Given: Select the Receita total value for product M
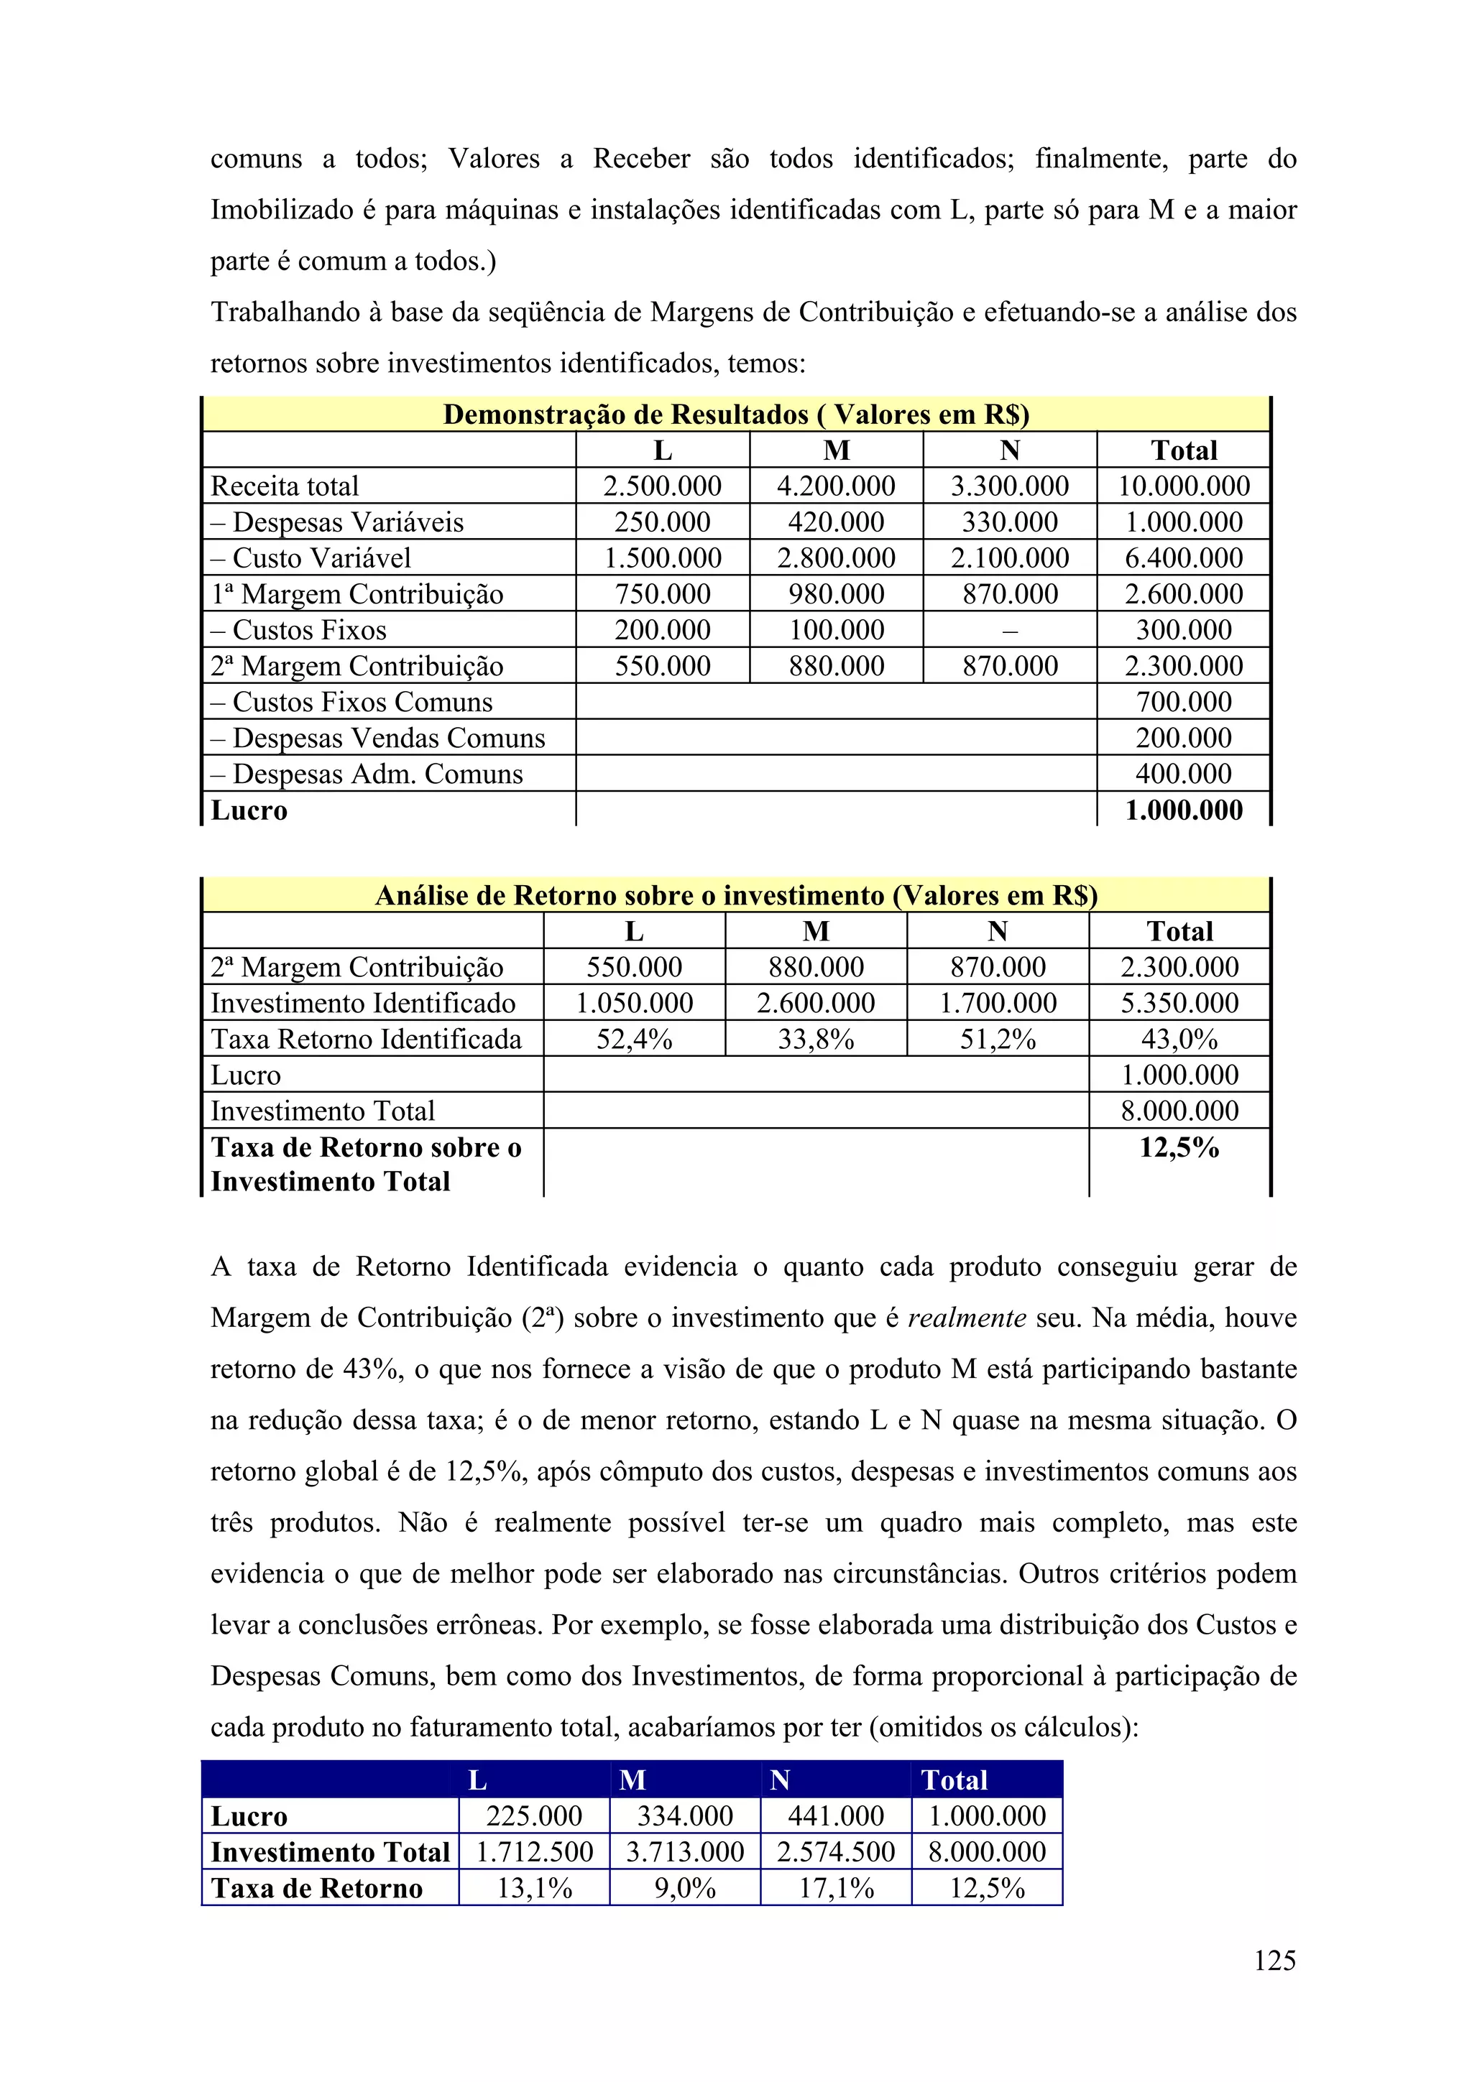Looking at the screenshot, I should point(835,486).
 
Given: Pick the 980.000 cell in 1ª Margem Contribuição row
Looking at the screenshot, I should point(835,594).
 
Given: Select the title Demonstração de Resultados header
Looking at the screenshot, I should point(735,415).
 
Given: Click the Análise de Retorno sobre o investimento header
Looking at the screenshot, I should point(735,895).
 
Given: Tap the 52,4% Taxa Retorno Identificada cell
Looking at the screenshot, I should point(634,1039).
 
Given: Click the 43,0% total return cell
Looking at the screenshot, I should point(1179,1039).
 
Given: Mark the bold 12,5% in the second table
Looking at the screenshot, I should point(1179,1148).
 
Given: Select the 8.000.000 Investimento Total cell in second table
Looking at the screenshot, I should point(1179,1111).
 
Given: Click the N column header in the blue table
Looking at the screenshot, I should point(780,1780).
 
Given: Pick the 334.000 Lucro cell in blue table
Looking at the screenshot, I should point(685,1815).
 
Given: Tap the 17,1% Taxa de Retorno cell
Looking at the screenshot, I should point(835,1888).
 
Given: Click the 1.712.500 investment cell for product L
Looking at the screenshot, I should point(534,1851).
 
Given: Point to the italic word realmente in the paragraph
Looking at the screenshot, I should point(967,1318).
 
